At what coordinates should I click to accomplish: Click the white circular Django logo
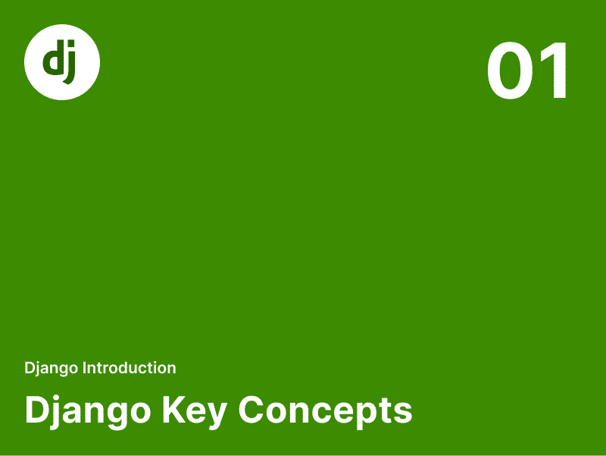coord(62,62)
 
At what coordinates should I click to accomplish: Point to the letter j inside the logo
coord(70,62)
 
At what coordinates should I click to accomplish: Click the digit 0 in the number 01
coord(510,71)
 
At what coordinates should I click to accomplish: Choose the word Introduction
coord(130,368)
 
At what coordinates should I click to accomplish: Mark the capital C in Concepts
coord(251,410)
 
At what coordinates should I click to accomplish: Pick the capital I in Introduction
coord(84,368)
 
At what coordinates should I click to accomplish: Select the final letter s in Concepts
coord(403,413)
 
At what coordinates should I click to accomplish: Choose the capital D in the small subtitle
coord(30,368)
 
